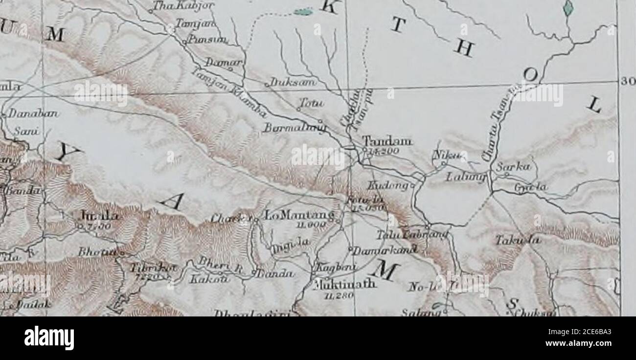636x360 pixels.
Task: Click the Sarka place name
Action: click(508, 166)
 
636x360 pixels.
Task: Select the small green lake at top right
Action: click(568, 7)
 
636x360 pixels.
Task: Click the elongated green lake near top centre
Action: click(303, 11)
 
